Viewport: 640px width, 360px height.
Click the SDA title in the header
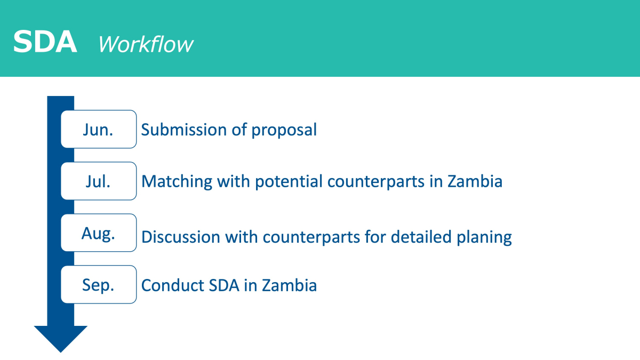click(x=45, y=42)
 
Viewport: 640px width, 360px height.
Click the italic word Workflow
click(x=146, y=44)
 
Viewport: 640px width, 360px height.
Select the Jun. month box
click(x=99, y=129)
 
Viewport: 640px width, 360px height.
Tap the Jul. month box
click(x=99, y=181)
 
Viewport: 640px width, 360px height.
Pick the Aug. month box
click(x=99, y=233)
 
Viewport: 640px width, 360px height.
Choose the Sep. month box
click(x=99, y=285)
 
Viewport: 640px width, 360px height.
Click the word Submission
click(x=184, y=130)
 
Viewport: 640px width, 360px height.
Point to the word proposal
click(x=284, y=131)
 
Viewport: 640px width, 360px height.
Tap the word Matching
click(x=177, y=182)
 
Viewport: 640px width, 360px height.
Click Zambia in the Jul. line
click(x=475, y=181)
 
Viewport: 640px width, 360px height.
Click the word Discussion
click(x=181, y=237)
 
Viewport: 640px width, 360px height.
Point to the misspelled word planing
click(x=484, y=238)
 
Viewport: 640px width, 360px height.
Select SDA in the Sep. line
click(x=224, y=285)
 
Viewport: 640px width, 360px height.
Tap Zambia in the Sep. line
click(x=290, y=285)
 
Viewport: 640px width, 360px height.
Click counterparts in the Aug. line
click(x=311, y=238)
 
